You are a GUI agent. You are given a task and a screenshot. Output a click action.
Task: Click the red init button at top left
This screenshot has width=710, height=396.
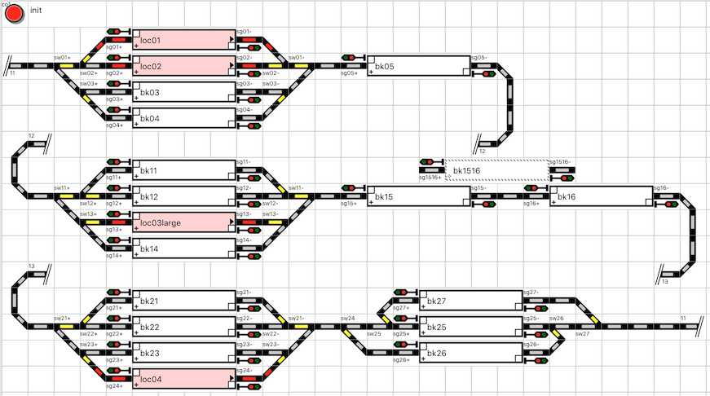[x=14, y=15]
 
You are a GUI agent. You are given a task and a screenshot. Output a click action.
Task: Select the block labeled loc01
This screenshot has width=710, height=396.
[x=183, y=40]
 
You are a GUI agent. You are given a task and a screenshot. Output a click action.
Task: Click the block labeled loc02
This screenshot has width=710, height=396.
[x=183, y=66]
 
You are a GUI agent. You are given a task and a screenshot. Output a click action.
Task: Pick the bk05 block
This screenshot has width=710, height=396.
[x=418, y=66]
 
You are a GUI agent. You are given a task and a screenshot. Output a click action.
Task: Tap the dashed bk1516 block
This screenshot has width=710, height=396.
[x=496, y=170]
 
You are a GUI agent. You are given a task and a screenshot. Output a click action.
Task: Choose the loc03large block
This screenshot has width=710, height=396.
[x=183, y=222]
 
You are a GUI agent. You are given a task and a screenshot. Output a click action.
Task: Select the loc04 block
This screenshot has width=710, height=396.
[x=183, y=379]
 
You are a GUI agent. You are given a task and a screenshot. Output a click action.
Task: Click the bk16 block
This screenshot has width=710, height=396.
[x=601, y=196]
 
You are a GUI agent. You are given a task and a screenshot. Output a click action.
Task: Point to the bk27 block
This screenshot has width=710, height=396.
[x=470, y=301]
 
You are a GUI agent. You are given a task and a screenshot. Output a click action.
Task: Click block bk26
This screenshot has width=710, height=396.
[x=470, y=353]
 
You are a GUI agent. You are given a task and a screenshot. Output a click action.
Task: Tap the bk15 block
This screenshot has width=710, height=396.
[x=418, y=196]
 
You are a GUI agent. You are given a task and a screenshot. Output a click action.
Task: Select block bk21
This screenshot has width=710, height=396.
[x=183, y=301]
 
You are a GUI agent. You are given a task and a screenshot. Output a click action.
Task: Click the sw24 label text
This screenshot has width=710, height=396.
[x=347, y=319]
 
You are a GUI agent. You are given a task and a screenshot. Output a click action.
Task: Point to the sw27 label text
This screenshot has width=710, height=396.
[x=582, y=334]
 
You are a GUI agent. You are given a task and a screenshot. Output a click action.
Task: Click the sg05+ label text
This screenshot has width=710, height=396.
[x=348, y=73]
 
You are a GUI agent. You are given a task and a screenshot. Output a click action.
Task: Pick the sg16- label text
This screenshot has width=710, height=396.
[x=660, y=188]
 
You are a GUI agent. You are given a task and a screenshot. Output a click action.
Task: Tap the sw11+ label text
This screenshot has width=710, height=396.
[x=62, y=188]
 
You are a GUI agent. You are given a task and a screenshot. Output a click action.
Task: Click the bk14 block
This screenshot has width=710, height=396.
[x=183, y=249]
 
